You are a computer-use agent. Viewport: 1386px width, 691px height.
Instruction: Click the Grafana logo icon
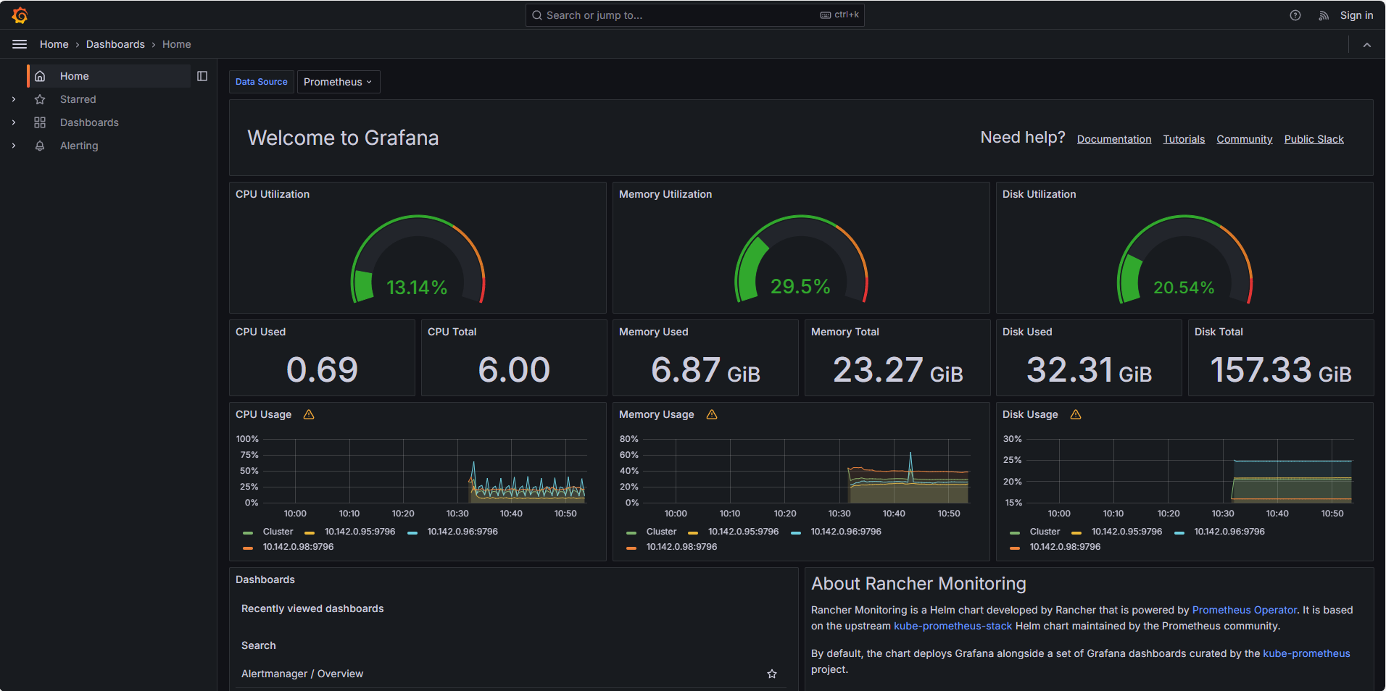click(20, 15)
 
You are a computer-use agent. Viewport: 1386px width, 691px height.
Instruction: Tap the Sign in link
click(1356, 15)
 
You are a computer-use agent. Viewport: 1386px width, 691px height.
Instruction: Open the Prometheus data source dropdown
click(338, 82)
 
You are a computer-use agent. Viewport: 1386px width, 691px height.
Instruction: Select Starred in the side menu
click(78, 99)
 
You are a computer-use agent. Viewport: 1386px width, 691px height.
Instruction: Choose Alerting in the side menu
click(79, 146)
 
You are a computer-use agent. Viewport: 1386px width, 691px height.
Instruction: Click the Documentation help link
click(1113, 139)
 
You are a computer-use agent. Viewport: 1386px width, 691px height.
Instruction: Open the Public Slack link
click(1314, 139)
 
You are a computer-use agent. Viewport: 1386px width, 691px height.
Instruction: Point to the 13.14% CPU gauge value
click(417, 288)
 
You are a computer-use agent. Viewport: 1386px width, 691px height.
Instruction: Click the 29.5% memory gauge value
click(800, 287)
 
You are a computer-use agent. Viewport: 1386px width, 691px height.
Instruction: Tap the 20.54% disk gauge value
click(1184, 288)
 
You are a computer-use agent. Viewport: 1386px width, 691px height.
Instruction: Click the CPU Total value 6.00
click(514, 370)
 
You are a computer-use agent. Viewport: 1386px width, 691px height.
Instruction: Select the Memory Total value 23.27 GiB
click(897, 370)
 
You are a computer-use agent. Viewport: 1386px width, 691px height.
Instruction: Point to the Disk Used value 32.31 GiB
click(1089, 370)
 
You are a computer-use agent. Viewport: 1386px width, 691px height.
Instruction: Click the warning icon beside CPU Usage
click(309, 414)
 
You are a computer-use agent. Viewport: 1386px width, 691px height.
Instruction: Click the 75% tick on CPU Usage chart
click(249, 455)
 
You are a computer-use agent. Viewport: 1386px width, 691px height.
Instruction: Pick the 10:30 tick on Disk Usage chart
click(1223, 514)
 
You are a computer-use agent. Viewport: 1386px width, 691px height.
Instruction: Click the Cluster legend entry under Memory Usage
click(660, 532)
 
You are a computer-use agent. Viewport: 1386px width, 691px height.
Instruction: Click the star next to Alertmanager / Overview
click(772, 674)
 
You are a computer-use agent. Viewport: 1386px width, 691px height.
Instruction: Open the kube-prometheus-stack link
click(953, 626)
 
